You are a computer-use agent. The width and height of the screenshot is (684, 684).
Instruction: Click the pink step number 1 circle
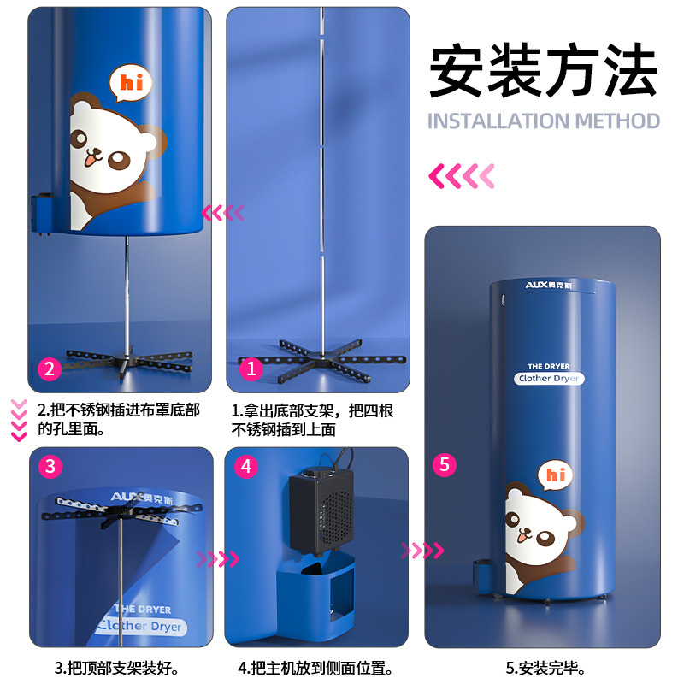pos(251,369)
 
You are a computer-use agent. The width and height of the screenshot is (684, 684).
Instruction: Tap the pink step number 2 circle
pos(50,369)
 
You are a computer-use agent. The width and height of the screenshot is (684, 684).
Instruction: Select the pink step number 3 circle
pos(50,466)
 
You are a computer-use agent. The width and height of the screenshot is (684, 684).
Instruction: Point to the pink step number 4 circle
pos(246,466)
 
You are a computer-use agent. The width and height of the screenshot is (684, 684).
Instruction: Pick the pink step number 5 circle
pos(444,464)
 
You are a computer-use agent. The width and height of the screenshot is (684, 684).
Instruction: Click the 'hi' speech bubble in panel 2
pos(131,82)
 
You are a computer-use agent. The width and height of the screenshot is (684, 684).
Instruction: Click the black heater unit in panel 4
pos(321,511)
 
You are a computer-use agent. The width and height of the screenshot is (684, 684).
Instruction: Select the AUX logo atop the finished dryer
pos(548,286)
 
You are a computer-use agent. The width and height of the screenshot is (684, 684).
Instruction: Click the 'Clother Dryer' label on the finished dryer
pos(549,378)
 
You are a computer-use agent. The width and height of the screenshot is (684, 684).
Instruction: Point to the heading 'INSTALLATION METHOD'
pos(543,121)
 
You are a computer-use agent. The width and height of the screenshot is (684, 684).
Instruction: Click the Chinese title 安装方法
pos(543,70)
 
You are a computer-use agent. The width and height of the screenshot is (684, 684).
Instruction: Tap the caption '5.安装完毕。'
pos(545,668)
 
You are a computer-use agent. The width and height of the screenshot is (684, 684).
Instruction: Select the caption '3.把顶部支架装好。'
pos(116,668)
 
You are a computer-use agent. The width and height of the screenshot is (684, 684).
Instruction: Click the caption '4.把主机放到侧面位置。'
pos(315,668)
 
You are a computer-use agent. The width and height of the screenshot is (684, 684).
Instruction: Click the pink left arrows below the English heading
pos(462,176)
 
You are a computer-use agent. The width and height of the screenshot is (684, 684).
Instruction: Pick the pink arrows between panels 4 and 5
pos(422,551)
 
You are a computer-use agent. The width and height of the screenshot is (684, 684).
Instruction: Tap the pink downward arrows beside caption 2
pos(19,421)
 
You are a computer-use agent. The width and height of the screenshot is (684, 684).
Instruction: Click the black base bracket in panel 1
pos(322,361)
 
